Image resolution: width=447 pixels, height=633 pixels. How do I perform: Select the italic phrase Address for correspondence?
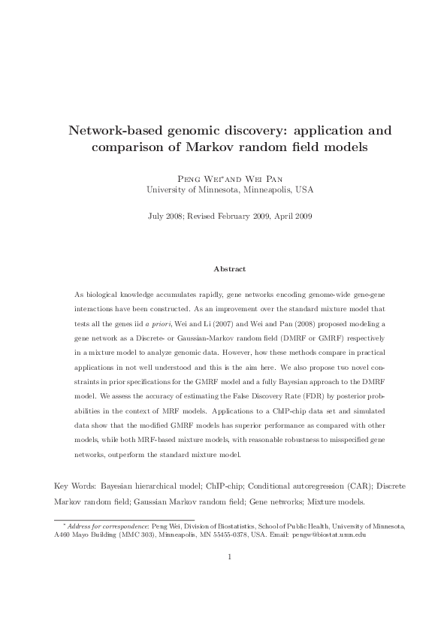[107, 526]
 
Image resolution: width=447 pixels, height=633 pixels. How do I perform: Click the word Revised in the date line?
[207, 216]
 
